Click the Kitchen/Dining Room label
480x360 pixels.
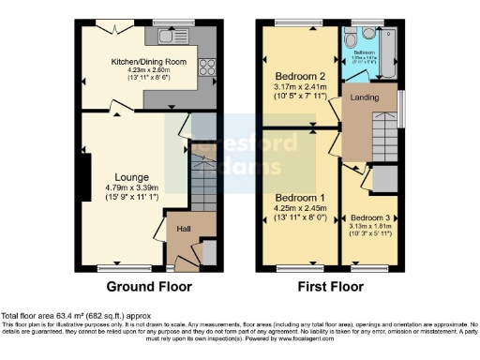point(150,62)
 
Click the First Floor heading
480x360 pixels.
point(332,287)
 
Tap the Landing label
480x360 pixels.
point(366,97)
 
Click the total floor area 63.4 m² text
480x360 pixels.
point(75,316)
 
